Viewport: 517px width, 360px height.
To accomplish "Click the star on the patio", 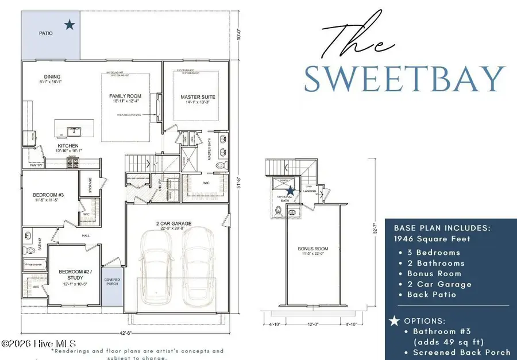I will tap(70, 24).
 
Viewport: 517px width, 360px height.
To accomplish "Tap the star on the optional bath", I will tap(291, 191).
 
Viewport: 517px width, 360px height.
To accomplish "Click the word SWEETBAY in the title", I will tap(404, 79).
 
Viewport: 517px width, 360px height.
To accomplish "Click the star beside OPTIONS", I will tap(394, 320).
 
